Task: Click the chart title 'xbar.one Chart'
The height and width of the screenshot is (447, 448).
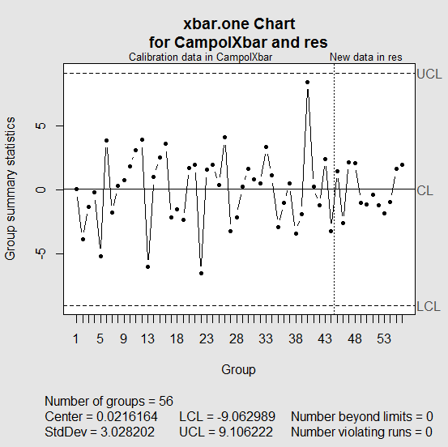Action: (x=239, y=23)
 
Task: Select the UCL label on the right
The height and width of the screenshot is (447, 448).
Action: (x=429, y=74)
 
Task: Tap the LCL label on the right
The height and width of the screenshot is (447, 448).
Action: (x=428, y=306)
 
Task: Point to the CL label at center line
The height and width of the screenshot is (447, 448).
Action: (x=425, y=190)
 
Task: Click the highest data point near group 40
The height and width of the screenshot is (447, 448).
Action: (x=308, y=82)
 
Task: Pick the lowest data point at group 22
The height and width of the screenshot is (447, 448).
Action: (x=201, y=273)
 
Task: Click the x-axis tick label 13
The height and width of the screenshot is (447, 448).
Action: (x=147, y=339)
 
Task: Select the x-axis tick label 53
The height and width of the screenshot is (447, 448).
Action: (x=384, y=339)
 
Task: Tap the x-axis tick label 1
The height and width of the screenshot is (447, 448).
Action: (x=77, y=339)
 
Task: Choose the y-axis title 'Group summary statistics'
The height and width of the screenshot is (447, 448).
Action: (x=11, y=189)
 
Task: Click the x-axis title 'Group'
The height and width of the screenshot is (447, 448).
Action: (x=238, y=370)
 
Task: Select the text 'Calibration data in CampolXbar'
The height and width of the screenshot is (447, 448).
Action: (x=200, y=57)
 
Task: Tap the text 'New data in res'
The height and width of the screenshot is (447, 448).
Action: (x=366, y=57)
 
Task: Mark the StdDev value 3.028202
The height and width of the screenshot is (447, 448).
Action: (x=126, y=432)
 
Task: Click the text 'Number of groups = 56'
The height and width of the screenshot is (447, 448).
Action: (x=114, y=401)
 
